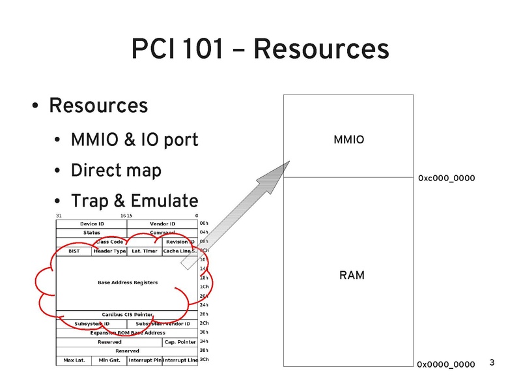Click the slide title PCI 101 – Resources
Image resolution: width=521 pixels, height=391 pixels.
[260, 50]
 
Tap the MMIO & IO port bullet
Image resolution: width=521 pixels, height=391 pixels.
[134, 139]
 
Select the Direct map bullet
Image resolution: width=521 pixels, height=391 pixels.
[115, 170]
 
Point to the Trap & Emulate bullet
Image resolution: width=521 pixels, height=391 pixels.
[134, 201]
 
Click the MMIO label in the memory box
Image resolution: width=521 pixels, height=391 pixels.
[348, 139]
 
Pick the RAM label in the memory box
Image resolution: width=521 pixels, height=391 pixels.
[352, 276]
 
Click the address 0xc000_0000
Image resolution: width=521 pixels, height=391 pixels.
[446, 178]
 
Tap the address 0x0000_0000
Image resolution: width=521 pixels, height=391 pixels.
[446, 364]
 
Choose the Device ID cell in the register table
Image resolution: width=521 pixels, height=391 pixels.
[92, 224]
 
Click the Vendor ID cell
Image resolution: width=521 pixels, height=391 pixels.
[162, 224]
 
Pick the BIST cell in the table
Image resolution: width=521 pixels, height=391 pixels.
[74, 251]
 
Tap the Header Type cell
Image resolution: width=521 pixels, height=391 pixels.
[109, 251]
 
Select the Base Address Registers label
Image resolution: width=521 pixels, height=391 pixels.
[128, 283]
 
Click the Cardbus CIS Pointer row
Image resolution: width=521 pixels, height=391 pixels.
[128, 314]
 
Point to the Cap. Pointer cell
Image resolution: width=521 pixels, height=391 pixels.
[180, 341]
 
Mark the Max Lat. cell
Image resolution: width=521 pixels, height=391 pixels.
[74, 360]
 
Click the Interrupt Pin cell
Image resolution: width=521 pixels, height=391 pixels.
[145, 360]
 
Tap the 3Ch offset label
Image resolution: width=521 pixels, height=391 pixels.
[204, 359]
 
